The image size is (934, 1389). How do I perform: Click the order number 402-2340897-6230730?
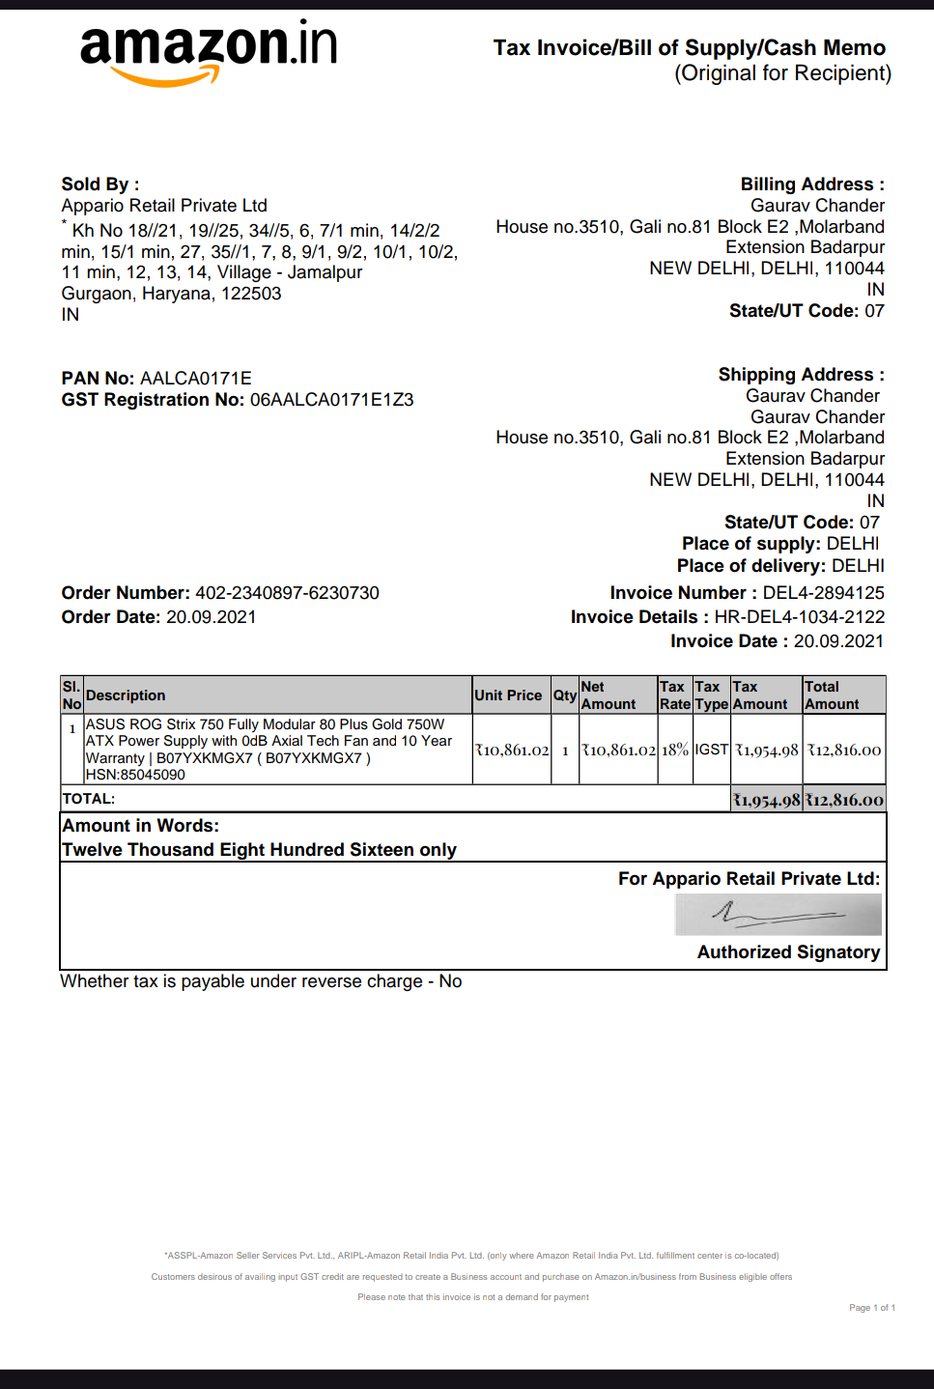coord(287,593)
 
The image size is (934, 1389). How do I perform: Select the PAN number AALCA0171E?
coord(196,379)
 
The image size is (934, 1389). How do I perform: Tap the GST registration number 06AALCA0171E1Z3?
coord(331,400)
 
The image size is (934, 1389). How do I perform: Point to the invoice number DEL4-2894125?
coord(823,593)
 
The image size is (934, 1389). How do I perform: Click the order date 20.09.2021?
coord(211,617)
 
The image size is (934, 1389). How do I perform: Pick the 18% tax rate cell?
coord(675,750)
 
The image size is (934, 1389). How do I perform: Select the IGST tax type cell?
coord(712,750)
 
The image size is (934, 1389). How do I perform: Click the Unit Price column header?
coord(508,695)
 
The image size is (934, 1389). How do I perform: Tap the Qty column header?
coord(565,695)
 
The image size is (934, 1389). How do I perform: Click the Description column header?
coord(126,695)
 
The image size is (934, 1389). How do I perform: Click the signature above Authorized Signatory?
coord(778,914)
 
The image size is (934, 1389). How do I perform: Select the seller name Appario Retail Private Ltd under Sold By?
coord(164,206)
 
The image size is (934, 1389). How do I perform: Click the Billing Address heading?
coord(811,184)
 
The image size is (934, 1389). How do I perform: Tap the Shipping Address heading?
coord(801,375)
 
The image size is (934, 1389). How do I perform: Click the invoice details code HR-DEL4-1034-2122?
coord(799,617)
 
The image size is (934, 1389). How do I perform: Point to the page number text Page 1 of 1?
coord(871,1308)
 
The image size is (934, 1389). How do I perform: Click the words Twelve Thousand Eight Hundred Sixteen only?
coord(259,850)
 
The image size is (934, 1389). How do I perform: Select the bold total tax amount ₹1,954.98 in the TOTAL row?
coord(766,800)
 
